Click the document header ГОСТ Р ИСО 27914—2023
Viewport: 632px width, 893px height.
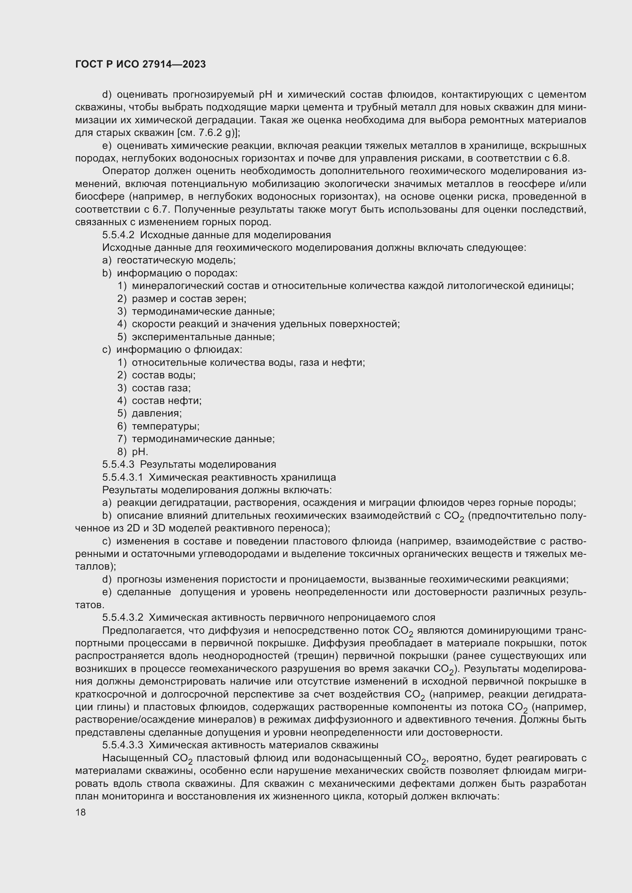tap(140, 65)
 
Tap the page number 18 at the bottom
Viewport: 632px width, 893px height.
tap(81, 812)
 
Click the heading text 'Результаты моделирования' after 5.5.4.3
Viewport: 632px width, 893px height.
tap(208, 464)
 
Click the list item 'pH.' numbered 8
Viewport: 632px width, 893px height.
tap(140, 452)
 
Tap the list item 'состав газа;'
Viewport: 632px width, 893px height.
tap(161, 388)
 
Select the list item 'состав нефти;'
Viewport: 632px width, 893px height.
tap(167, 400)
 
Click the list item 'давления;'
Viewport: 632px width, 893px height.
tap(157, 413)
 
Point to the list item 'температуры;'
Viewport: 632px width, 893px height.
tap(165, 426)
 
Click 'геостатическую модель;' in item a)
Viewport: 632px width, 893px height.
tap(176, 260)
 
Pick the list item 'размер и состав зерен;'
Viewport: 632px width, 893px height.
tap(189, 299)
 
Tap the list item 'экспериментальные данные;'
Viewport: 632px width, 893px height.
tap(203, 337)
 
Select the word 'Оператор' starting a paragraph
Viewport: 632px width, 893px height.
tap(126, 171)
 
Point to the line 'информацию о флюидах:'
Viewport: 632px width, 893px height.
tap(180, 350)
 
